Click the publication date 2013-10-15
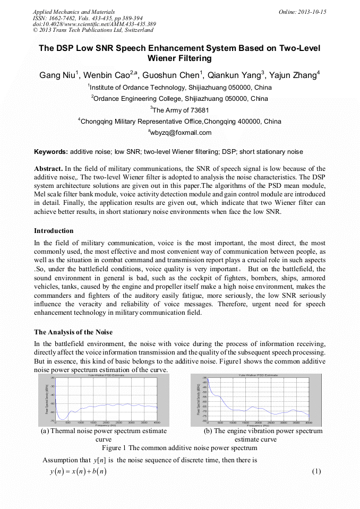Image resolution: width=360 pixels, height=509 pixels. [x=308, y=12]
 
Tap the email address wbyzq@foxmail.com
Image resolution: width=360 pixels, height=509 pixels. [x=181, y=133]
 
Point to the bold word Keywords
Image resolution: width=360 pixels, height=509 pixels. [x=50, y=152]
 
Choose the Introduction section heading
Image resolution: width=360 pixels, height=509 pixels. [x=54, y=231]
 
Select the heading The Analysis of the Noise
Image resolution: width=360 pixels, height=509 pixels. [x=73, y=332]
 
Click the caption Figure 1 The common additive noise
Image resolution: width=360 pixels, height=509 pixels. [x=179, y=448]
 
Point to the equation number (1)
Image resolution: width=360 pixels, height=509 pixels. [x=317, y=471]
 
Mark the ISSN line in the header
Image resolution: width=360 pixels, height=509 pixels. [x=88, y=18]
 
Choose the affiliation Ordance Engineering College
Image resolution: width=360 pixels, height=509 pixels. [x=181, y=98]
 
